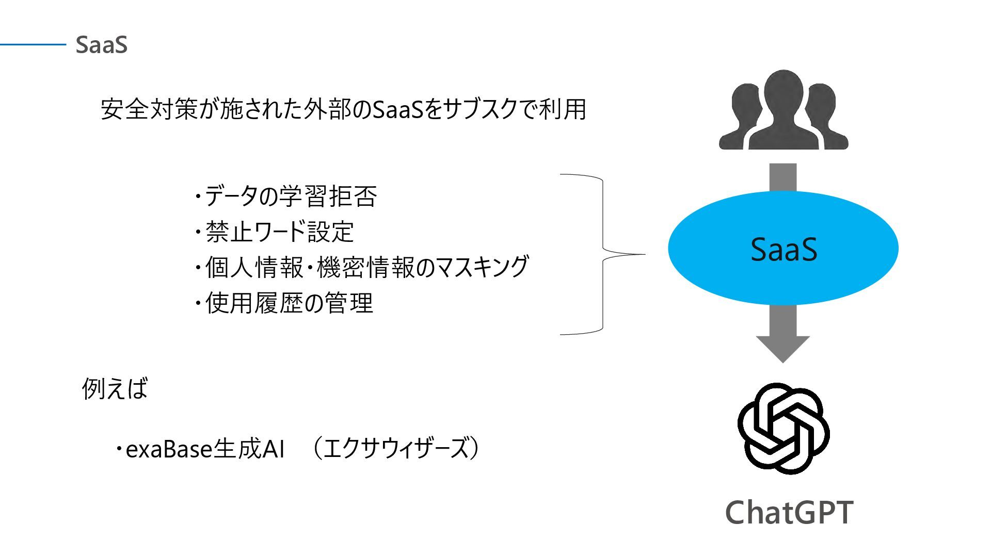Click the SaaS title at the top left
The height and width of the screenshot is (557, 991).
[x=101, y=45]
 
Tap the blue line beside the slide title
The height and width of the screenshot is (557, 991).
[x=33, y=45]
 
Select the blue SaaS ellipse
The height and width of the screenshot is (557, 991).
[x=783, y=248]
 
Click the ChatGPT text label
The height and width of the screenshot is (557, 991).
[x=789, y=512]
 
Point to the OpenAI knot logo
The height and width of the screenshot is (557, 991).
[x=783, y=429]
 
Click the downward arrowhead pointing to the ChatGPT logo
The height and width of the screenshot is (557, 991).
[x=783, y=348]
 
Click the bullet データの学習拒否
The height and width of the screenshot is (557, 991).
[x=286, y=196]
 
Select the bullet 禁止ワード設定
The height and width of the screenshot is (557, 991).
[x=275, y=232]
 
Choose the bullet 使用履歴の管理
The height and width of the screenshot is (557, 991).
[x=284, y=303]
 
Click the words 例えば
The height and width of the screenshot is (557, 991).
[x=115, y=388]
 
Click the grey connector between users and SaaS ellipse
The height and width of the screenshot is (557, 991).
[x=783, y=177]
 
